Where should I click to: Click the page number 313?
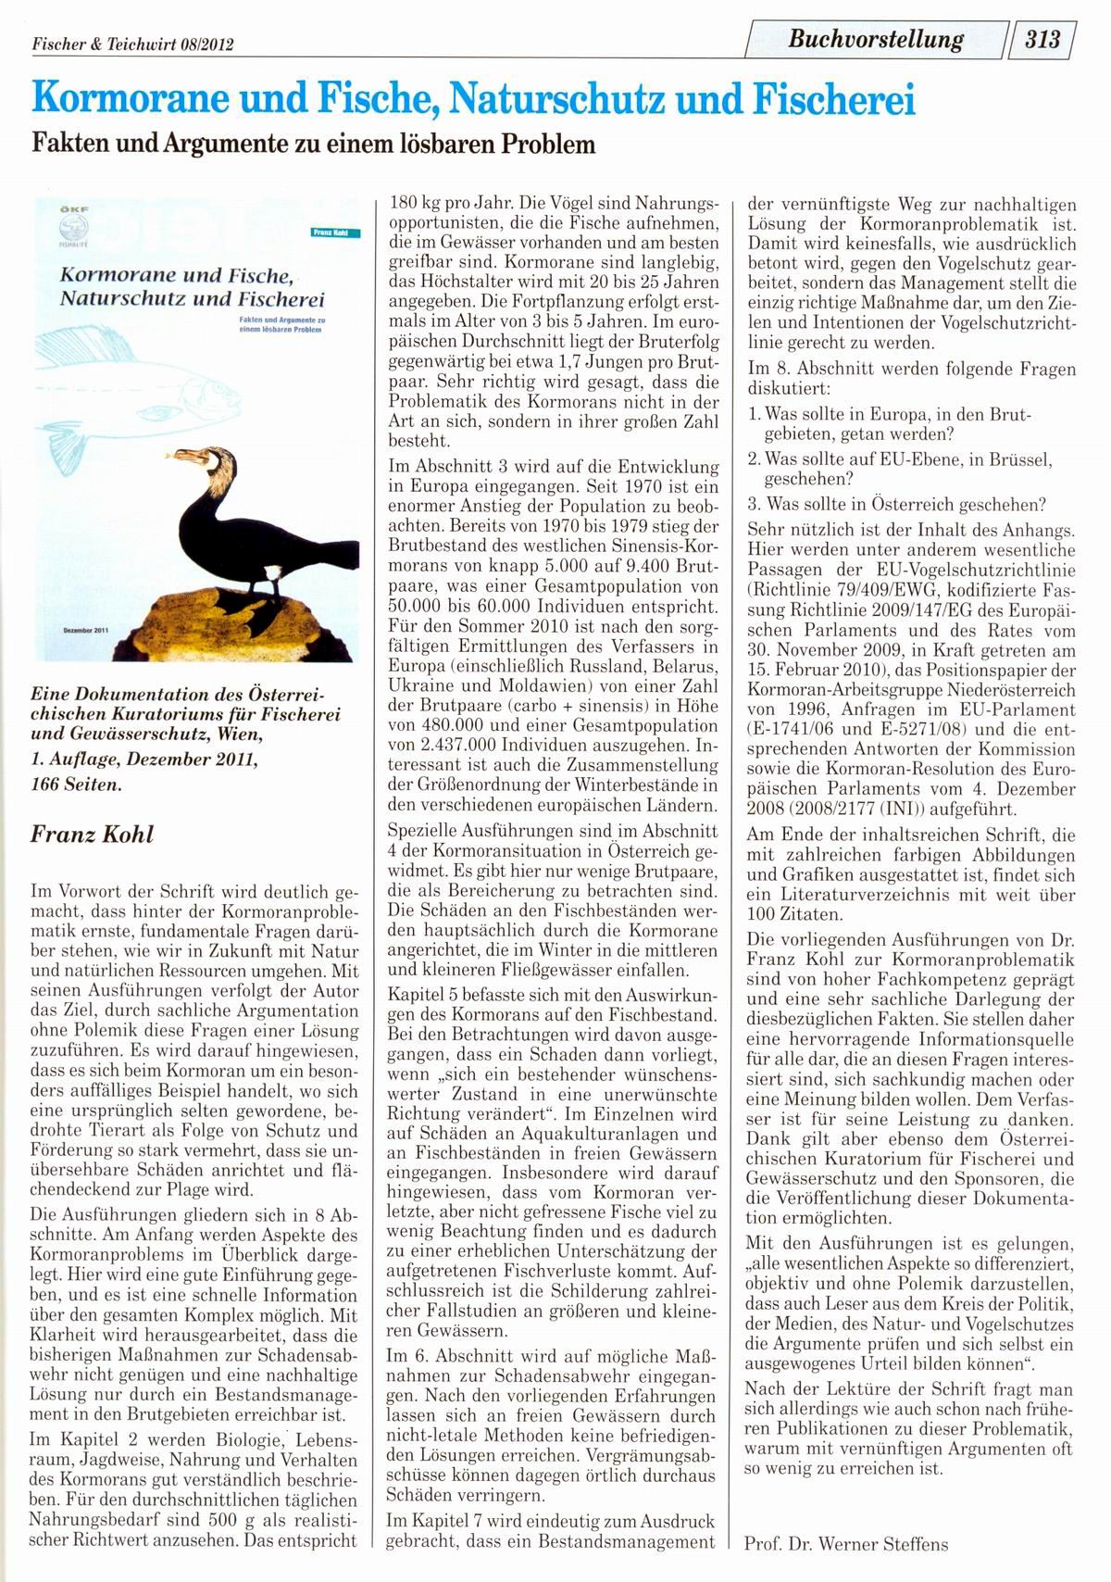[1042, 40]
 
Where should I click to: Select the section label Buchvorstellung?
[876, 40]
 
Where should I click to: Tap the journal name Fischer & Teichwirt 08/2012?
[132, 44]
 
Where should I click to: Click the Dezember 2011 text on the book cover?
[86, 630]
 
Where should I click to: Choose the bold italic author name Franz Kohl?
[93, 834]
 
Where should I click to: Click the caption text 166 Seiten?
[76, 784]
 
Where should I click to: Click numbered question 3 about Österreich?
[896, 505]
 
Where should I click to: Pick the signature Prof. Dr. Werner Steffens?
[846, 1544]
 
